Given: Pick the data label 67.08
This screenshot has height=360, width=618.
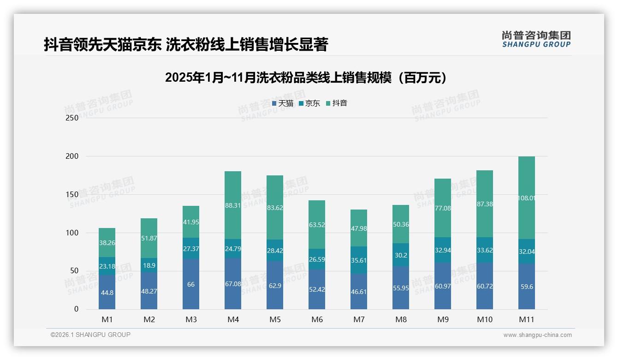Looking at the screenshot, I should [233, 284].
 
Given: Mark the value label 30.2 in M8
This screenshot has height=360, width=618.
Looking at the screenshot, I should [401, 255].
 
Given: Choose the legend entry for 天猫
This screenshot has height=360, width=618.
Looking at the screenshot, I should [282, 103].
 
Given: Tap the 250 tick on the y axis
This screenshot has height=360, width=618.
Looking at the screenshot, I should [72, 118].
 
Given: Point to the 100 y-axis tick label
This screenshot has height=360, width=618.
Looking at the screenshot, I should [72, 233].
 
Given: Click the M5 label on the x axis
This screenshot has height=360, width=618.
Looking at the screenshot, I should [275, 319].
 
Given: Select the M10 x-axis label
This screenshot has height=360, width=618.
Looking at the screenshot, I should [485, 319].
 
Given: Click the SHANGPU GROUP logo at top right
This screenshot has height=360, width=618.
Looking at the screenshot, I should [536, 39].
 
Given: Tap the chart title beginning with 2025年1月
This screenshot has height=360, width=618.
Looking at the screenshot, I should [306, 78].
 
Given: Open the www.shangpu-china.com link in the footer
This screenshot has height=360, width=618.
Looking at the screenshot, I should [537, 335].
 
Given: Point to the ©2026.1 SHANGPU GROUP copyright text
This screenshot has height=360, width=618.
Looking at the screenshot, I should [90, 335].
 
